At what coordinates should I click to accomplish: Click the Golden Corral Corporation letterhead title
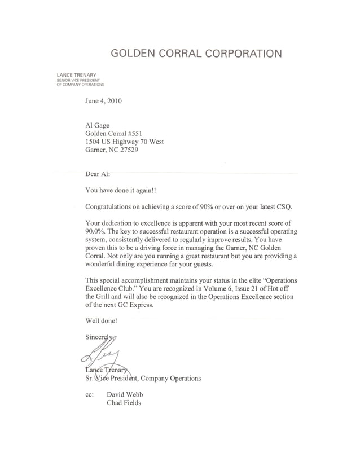pyautogui.click(x=196, y=54)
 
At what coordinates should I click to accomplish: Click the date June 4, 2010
pyautogui.click(x=103, y=102)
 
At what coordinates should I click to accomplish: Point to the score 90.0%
pyautogui.click(x=98, y=232)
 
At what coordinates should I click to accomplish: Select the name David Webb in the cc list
pyautogui.click(x=125, y=394)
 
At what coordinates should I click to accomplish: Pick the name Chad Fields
pyautogui.click(x=124, y=403)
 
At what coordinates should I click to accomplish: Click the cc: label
pyautogui.click(x=89, y=394)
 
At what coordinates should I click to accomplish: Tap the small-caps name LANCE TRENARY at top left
pyautogui.click(x=76, y=75)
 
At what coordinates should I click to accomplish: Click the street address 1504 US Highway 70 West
pyautogui.click(x=124, y=142)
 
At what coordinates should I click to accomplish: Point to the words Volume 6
pyautogui.click(x=226, y=288)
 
